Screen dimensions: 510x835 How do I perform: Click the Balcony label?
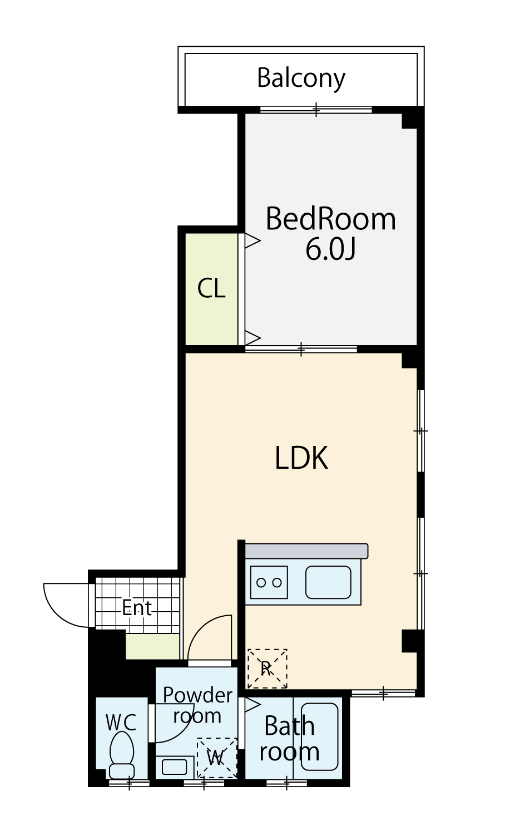tap(301, 78)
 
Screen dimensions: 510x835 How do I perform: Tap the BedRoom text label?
tap(330, 219)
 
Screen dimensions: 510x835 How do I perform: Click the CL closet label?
tap(211, 288)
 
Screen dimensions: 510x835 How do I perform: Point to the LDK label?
tap(301, 458)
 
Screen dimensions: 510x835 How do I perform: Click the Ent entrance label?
tap(137, 608)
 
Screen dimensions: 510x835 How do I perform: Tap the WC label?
tap(121, 723)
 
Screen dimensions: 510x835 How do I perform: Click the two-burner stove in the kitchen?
tap(269, 582)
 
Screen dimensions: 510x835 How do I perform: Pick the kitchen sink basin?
tap(328, 582)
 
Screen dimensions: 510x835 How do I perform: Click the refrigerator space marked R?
tap(267, 669)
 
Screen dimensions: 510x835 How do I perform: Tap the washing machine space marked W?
tap(216, 758)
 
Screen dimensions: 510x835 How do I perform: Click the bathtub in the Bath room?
tap(320, 736)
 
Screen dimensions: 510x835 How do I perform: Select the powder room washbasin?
tap(175, 767)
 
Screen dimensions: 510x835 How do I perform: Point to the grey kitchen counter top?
tap(306, 551)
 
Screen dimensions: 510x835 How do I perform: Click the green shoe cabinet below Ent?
tap(153, 646)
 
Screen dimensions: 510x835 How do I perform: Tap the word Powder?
tap(197, 695)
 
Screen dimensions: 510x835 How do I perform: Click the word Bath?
tap(289, 726)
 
